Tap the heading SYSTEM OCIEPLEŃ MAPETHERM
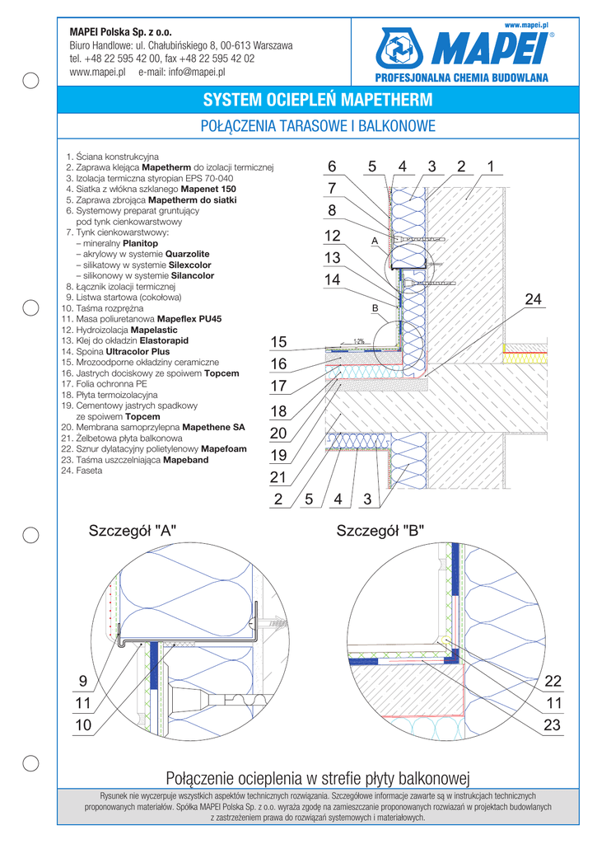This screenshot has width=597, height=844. tap(317, 101)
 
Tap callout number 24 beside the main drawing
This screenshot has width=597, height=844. tap(534, 300)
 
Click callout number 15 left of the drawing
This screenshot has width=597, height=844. tap(278, 342)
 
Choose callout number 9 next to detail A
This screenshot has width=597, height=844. tap(82, 681)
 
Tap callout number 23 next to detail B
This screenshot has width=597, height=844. tap(553, 725)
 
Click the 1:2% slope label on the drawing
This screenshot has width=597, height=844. tap(358, 340)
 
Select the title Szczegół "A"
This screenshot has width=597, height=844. tap(133, 532)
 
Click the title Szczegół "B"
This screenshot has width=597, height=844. tap(380, 532)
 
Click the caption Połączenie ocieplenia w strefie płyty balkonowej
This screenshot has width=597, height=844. tap(317, 777)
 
